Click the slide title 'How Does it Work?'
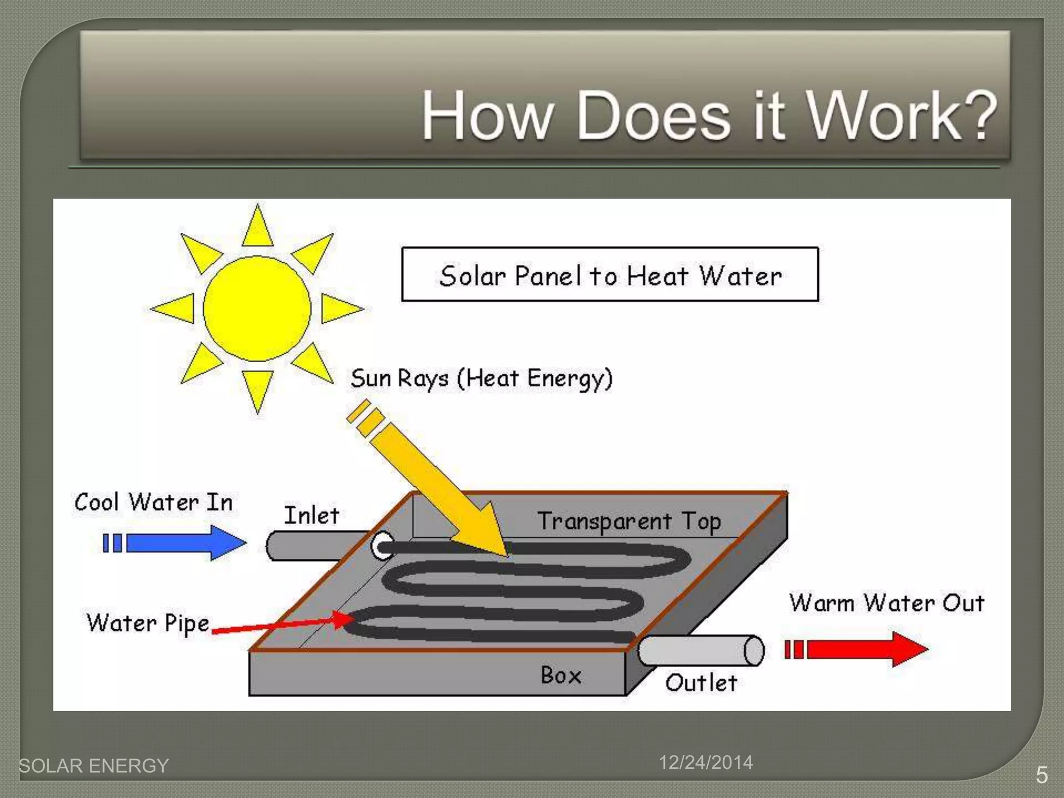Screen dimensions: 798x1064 (709, 115)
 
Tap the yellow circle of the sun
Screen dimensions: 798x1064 (257, 309)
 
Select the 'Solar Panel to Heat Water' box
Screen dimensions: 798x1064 (610, 275)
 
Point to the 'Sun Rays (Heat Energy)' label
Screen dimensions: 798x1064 (482, 378)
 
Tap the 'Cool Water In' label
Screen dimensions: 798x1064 (153, 502)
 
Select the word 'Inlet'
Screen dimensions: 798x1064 (312, 515)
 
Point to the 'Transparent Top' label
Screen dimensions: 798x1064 (629, 522)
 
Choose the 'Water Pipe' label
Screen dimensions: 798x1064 (148, 623)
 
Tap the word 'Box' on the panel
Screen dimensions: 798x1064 (561, 675)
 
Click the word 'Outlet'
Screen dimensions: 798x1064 (701, 683)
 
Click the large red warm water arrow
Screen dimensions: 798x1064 (862, 649)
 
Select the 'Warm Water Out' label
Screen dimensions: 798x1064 (887, 603)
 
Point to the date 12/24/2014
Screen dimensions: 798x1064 (706, 762)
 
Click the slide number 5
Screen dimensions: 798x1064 (1042, 775)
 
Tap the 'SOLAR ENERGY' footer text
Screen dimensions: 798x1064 (94, 766)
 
